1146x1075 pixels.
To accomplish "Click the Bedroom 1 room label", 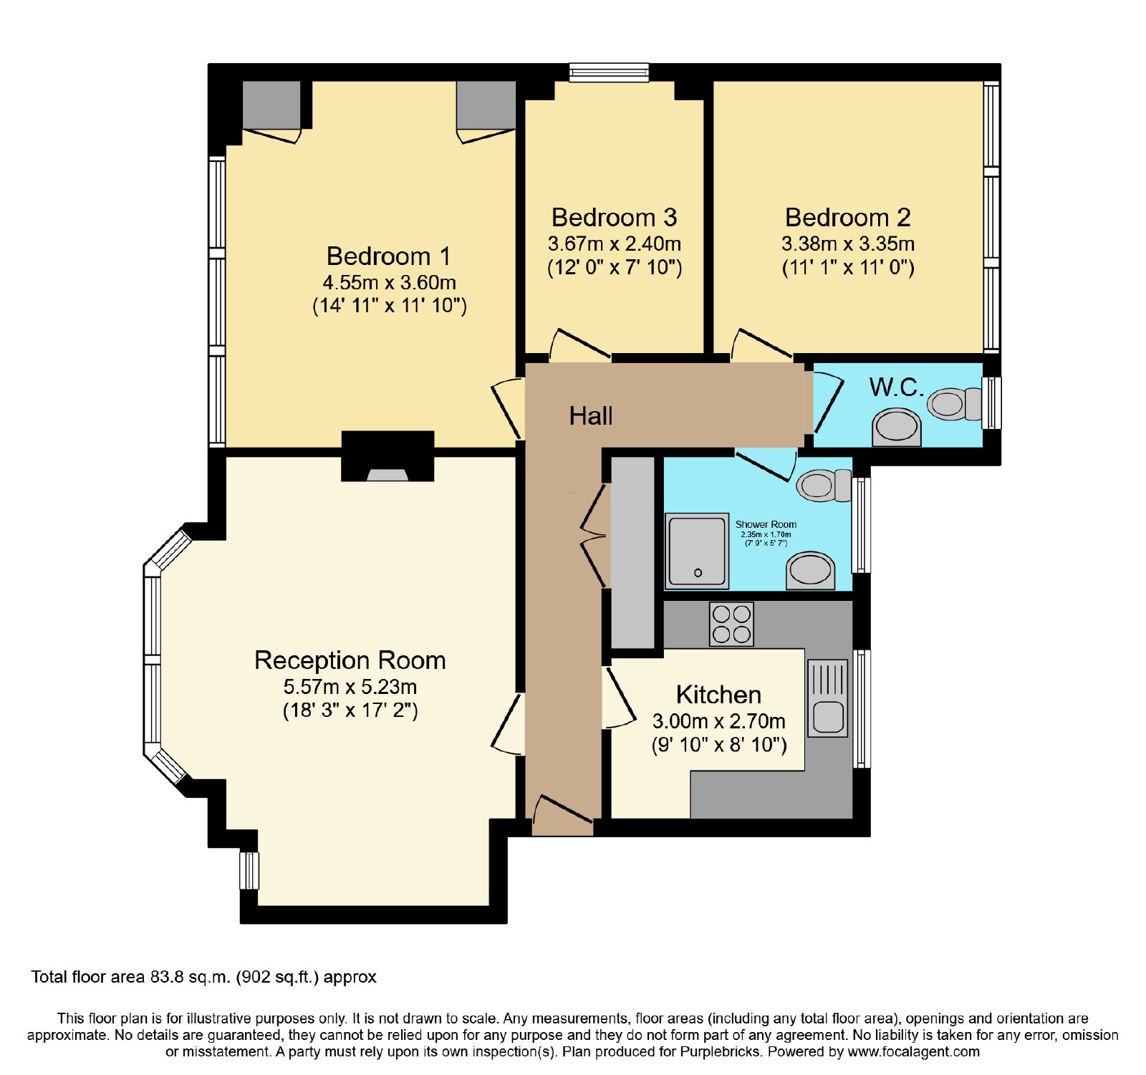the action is coord(388,256).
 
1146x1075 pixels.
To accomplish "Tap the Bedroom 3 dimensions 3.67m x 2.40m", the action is coord(615,244).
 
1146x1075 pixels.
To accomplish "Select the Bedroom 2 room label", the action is coord(848,217).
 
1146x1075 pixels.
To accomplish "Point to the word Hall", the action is coord(591,415).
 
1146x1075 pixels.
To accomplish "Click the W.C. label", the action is coord(896,387).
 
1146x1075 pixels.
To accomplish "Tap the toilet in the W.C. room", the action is coord(955,404).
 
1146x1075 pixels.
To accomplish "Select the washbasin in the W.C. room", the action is coord(896,428).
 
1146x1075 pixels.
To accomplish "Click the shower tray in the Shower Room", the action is coord(697,550).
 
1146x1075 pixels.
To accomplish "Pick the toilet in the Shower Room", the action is coord(824,485).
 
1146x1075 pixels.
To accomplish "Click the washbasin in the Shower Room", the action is coord(811,571).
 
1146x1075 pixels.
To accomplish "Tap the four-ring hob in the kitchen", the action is coord(731,624).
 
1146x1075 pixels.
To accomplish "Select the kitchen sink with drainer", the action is coord(828,698).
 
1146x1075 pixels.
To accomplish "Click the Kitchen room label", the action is coord(718,695).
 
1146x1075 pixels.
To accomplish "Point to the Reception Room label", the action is coord(350,660).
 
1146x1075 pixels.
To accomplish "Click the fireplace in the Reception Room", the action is coord(387,456).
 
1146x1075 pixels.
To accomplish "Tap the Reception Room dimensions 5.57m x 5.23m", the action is coord(350,687).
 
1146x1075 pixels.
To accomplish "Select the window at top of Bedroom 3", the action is coord(610,72).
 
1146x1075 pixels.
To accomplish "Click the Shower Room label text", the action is coord(766,524).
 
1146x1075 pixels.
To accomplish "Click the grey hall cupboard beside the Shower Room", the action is coord(632,552).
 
